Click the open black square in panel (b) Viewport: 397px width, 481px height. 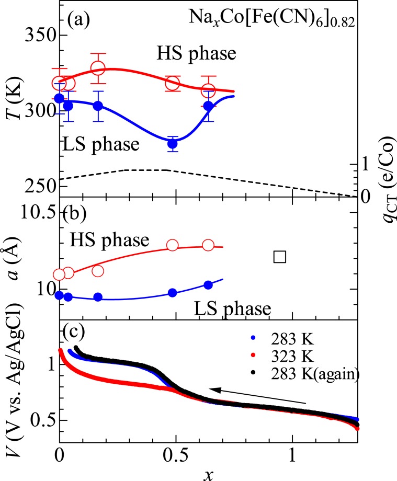click(279, 256)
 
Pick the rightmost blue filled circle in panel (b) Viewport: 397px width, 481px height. click(208, 285)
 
